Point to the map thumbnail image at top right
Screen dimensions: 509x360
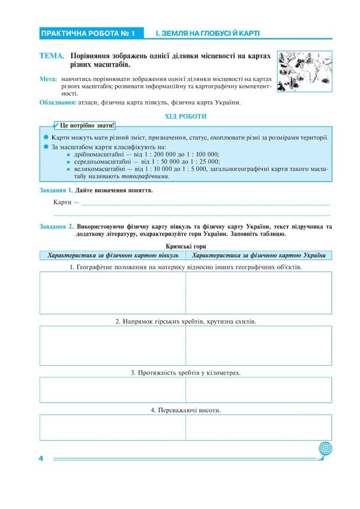(305, 71)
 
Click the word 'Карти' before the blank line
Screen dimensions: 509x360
(63, 203)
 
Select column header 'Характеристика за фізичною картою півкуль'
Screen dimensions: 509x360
(113, 255)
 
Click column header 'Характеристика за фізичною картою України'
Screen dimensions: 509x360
(258, 255)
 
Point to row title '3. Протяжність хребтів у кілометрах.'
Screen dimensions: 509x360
(185, 373)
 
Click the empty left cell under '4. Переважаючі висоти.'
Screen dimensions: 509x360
(112, 427)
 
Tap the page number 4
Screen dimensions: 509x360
(41, 459)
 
